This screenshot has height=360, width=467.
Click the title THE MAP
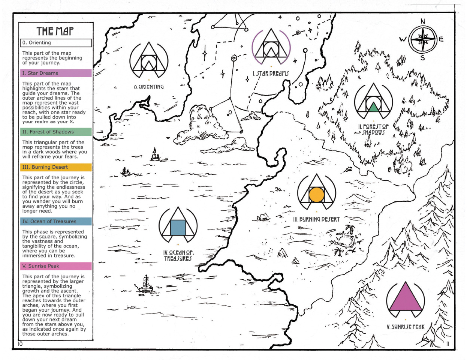coord(55,31)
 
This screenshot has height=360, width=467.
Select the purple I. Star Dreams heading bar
coord(56,73)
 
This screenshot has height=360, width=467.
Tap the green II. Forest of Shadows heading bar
coord(56,132)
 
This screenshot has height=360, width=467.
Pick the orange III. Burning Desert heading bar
coord(56,167)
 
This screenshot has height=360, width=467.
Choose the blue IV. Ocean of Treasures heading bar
coord(56,221)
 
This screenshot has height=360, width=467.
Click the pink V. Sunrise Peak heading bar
coord(56,266)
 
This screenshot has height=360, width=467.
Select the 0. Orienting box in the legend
coord(56,43)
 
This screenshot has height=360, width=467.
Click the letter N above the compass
coord(423,21)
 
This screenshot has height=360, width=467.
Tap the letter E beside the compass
coord(441,39)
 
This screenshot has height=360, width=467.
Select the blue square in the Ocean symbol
coord(178,228)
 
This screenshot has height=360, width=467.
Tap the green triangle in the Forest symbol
coord(373,108)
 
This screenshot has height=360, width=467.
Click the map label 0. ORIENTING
coord(149,87)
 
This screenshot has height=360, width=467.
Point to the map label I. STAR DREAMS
coord(271,73)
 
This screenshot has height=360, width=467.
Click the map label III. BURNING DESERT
coord(316,219)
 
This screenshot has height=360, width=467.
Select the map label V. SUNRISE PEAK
coord(406,327)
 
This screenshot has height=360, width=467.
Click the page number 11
coord(448,344)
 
